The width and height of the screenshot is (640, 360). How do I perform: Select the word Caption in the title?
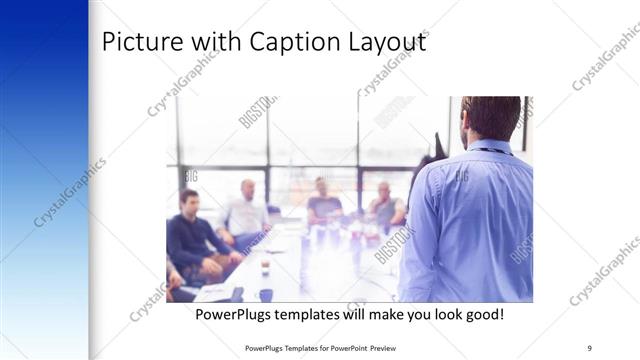(x=293, y=45)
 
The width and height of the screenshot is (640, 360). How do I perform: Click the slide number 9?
(x=590, y=348)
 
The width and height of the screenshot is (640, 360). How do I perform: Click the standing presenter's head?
(x=491, y=118)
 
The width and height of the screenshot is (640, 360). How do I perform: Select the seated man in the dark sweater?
(x=190, y=235)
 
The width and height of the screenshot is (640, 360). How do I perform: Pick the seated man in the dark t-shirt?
(x=322, y=204)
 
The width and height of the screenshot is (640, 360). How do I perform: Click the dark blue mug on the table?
(x=265, y=294)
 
